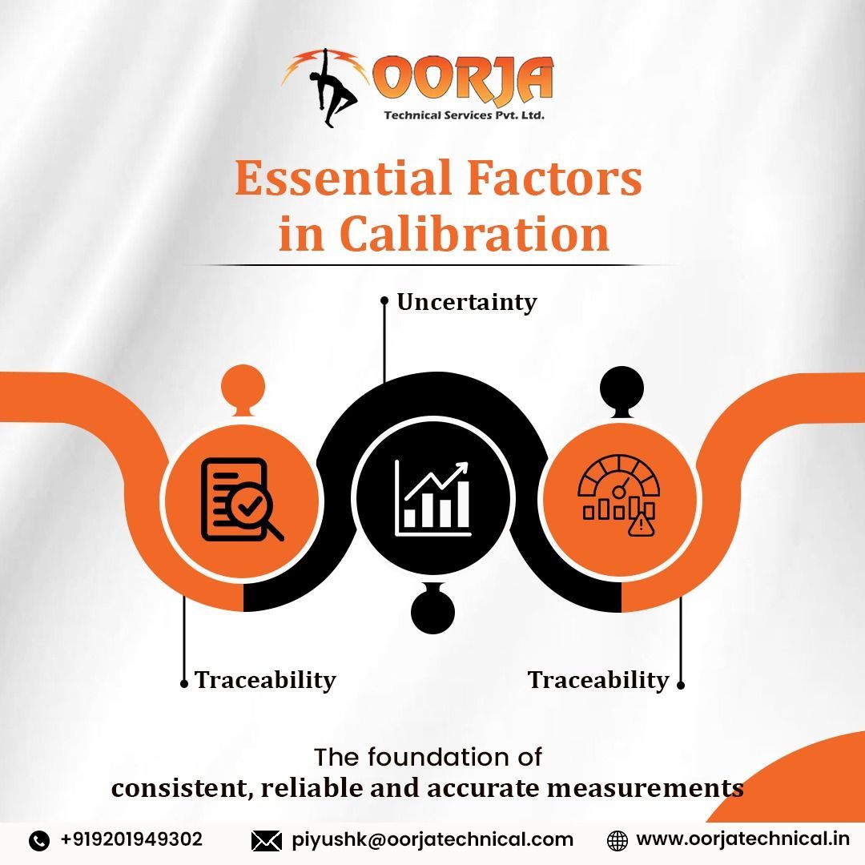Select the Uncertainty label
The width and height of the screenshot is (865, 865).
466,302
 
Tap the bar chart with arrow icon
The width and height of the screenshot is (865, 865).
432,499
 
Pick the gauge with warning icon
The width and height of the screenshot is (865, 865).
619,497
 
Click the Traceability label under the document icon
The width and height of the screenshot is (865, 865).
265,680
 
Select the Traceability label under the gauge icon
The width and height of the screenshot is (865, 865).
598,680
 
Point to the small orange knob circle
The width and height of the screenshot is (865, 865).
243,388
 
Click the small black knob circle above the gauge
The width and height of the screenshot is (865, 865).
622,388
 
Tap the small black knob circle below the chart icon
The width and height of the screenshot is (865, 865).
432,612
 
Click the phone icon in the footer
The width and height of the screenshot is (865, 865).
39,840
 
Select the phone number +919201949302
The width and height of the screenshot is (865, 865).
131,839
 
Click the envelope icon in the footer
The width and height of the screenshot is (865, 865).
266,840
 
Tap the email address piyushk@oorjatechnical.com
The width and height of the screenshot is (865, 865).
432,839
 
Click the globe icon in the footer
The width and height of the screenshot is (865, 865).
617,840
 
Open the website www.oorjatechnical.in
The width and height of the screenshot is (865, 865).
742,839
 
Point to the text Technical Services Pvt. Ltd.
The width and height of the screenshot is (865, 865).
464,115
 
